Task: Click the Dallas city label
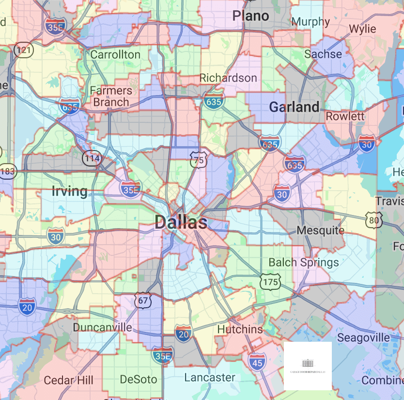pyautogui.click(x=181, y=223)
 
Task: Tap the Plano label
pyautogui.click(x=250, y=16)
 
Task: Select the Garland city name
pyautogui.click(x=294, y=107)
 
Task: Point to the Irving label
pyautogui.click(x=70, y=191)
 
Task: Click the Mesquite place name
pyautogui.click(x=320, y=230)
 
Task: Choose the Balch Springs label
pyautogui.click(x=304, y=263)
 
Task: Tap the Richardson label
pyautogui.click(x=228, y=78)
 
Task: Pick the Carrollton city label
pyautogui.click(x=115, y=54)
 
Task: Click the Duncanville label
pyautogui.click(x=102, y=327)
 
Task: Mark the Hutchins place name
pyautogui.click(x=240, y=329)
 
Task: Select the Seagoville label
pyautogui.click(x=363, y=337)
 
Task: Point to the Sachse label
pyautogui.click(x=323, y=54)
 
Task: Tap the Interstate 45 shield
pyautogui.click(x=257, y=361)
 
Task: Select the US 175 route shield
pyautogui.click(x=269, y=281)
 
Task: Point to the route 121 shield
pyautogui.click(x=23, y=50)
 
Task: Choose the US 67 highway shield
pyautogui.click(x=143, y=301)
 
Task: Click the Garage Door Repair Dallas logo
pyautogui.click(x=308, y=366)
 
